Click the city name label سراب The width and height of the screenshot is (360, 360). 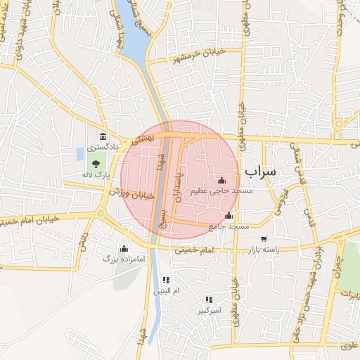tap(261, 172)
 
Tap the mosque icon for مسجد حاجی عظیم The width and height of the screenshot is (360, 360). tap(222, 180)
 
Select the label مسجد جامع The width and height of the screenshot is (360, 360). tap(229, 227)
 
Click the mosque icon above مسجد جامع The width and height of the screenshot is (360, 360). tap(229, 216)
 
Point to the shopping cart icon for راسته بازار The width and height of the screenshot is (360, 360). tap(264, 239)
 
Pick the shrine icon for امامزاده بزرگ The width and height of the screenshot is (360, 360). tap(124, 247)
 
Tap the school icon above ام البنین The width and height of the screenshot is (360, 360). tap(167, 280)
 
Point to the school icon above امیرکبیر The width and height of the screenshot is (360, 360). tap(209, 300)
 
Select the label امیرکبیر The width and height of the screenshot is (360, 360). tap(209, 310)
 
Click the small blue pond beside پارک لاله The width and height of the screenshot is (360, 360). tap(79, 153)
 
